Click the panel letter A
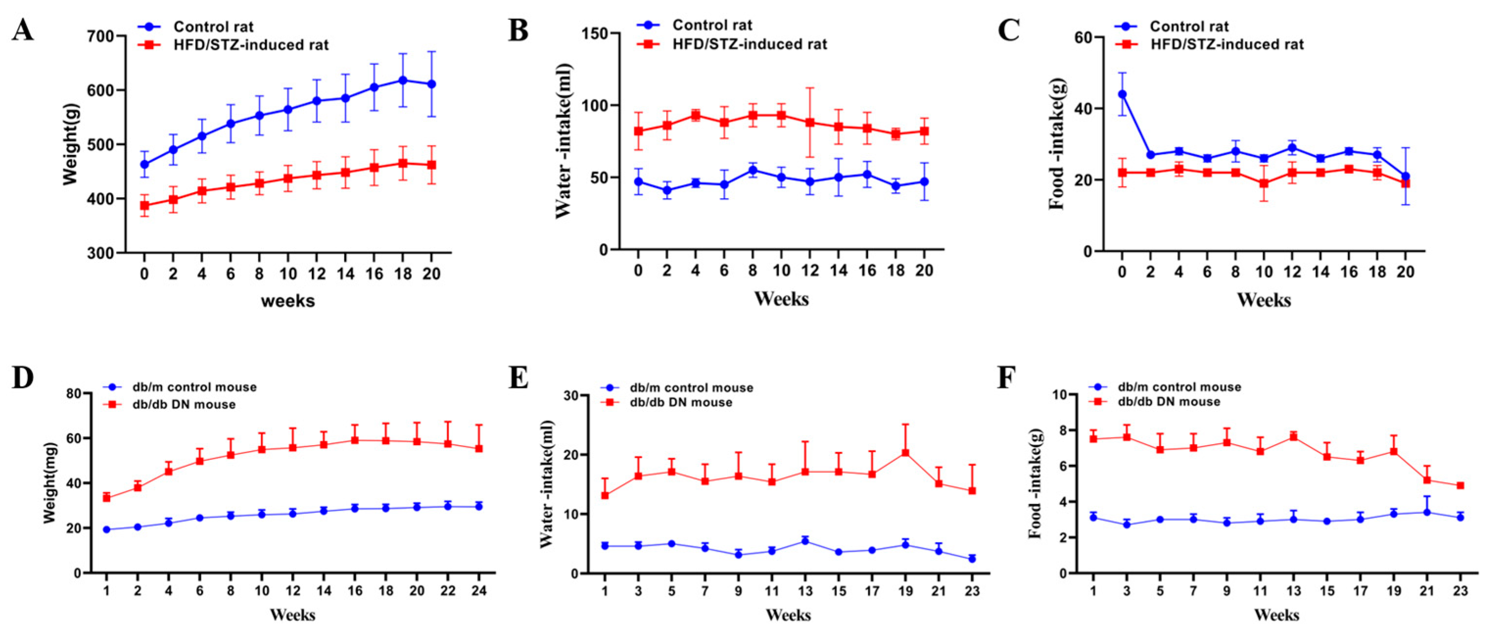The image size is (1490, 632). pyautogui.click(x=23, y=30)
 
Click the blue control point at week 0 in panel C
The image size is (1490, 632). pyautogui.click(x=1122, y=93)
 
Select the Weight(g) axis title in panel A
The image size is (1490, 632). pyautogui.click(x=70, y=145)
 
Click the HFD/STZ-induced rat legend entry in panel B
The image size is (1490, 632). pyautogui.click(x=749, y=44)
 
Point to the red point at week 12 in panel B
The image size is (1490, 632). pyautogui.click(x=810, y=123)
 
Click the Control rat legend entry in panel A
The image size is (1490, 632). pyautogui.click(x=213, y=26)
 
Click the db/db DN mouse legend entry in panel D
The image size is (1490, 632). pyautogui.click(x=184, y=404)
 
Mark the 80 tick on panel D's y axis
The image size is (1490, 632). pyautogui.click(x=74, y=394)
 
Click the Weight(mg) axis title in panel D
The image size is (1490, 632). pyautogui.click(x=50, y=483)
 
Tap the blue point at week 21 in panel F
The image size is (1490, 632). pyautogui.click(x=1427, y=512)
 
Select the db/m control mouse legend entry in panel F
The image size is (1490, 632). pyautogui.click(x=1179, y=387)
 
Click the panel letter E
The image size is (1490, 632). pyautogui.click(x=518, y=378)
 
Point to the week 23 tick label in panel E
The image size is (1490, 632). pyautogui.click(x=972, y=590)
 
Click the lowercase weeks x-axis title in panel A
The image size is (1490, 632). pyautogui.click(x=288, y=301)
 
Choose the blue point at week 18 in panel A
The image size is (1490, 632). pyautogui.click(x=402, y=80)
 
